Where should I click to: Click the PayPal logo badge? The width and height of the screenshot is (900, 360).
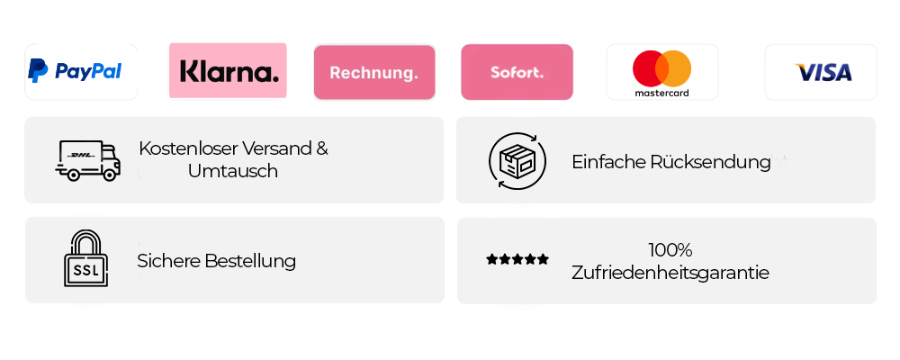tap(81, 71)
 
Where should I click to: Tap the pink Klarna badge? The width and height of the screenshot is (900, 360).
tap(228, 71)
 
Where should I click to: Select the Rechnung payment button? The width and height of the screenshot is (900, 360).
tap(373, 72)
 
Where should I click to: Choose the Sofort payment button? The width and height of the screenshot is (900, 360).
tap(517, 72)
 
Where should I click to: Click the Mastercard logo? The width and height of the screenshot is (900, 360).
tap(661, 72)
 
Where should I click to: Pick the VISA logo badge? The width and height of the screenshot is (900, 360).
tap(820, 72)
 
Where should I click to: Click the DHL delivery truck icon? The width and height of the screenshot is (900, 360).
tap(87, 160)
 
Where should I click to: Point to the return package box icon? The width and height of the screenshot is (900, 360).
tap(517, 160)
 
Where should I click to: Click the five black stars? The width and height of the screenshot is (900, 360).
tap(517, 260)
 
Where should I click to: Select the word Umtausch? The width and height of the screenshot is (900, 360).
tap(233, 171)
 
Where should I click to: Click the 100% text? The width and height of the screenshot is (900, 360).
tap(670, 250)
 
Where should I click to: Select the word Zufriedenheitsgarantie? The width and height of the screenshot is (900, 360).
tap(670, 272)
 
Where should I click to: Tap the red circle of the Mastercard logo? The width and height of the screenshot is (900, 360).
tap(649, 68)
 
